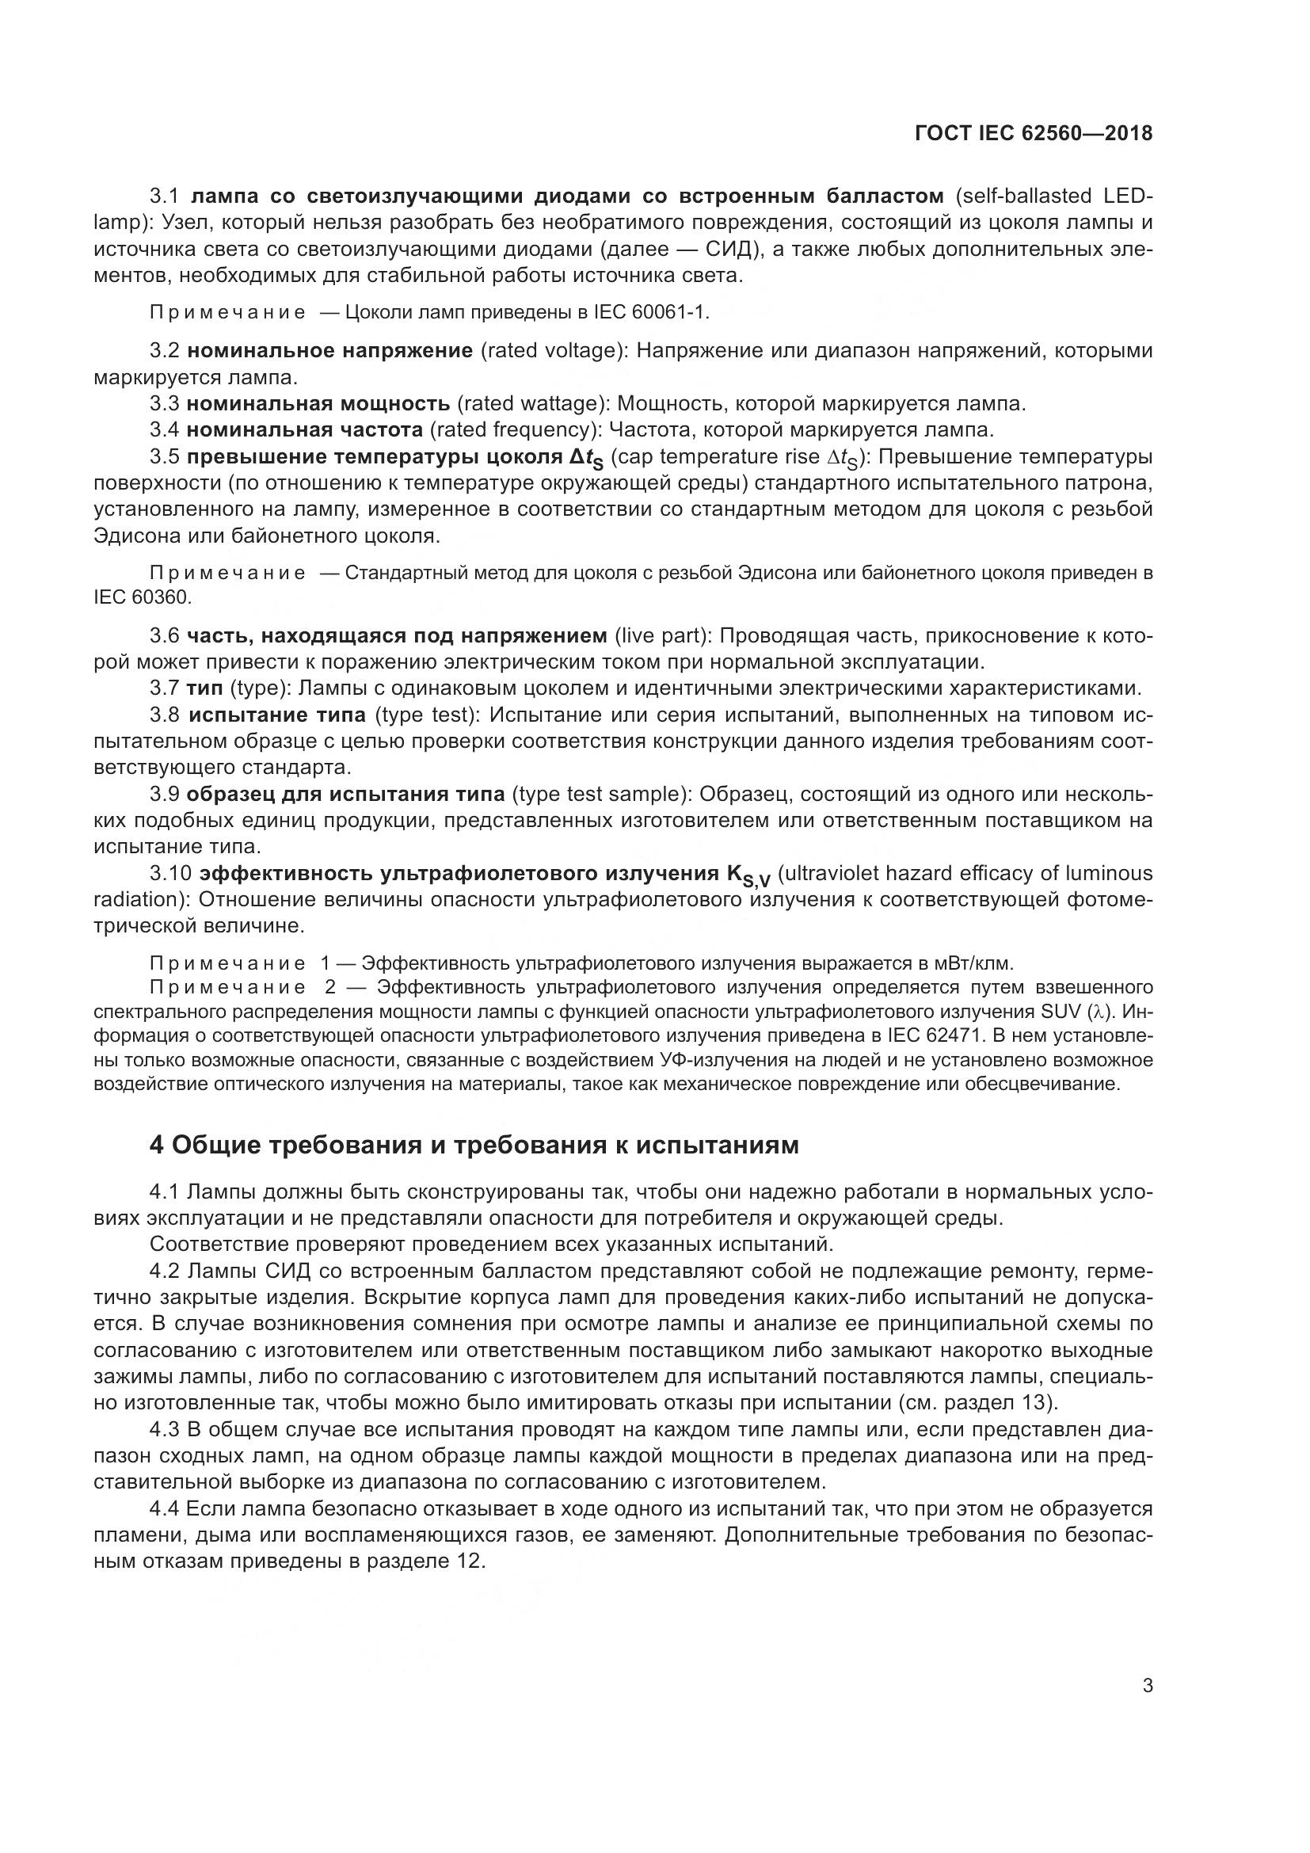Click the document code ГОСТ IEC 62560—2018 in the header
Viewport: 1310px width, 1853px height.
click(x=1034, y=134)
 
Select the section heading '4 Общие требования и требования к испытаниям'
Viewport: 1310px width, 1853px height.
click(x=474, y=1146)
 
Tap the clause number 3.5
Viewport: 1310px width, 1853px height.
click(x=165, y=457)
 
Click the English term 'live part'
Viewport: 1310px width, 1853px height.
click(x=659, y=636)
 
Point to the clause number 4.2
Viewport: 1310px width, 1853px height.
click(x=165, y=1271)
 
